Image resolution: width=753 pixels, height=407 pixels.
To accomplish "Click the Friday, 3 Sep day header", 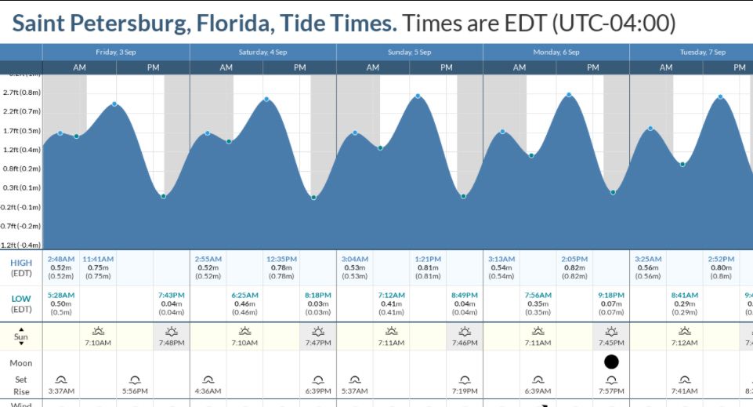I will point(115,52).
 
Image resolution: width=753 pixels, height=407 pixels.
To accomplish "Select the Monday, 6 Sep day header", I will point(556,52).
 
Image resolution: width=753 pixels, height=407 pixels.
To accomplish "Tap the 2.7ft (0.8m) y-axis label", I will point(22,93).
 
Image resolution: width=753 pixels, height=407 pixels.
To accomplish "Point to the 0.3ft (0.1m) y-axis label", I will point(22,188).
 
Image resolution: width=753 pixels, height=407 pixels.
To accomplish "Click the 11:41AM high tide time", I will point(99,259).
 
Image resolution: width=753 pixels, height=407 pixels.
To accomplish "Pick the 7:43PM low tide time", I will point(172,295).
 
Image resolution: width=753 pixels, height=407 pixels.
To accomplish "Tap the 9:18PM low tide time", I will point(611,295).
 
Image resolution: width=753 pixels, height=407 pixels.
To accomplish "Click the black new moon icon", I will point(611,362).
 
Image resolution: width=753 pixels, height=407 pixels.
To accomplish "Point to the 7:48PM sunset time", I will point(172,343).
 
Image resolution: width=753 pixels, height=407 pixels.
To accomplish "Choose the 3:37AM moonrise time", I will point(61,391).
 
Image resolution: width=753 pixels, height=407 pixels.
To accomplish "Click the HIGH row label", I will point(21,263).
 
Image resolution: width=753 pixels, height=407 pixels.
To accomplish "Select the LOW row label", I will point(21,299).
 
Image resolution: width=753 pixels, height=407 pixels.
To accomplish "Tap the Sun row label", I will point(21,336).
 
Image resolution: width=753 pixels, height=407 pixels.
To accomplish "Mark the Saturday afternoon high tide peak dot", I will point(267,99).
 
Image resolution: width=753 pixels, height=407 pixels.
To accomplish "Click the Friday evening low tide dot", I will point(163,196).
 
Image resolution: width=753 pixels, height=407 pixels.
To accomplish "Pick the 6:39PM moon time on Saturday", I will point(318,391).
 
